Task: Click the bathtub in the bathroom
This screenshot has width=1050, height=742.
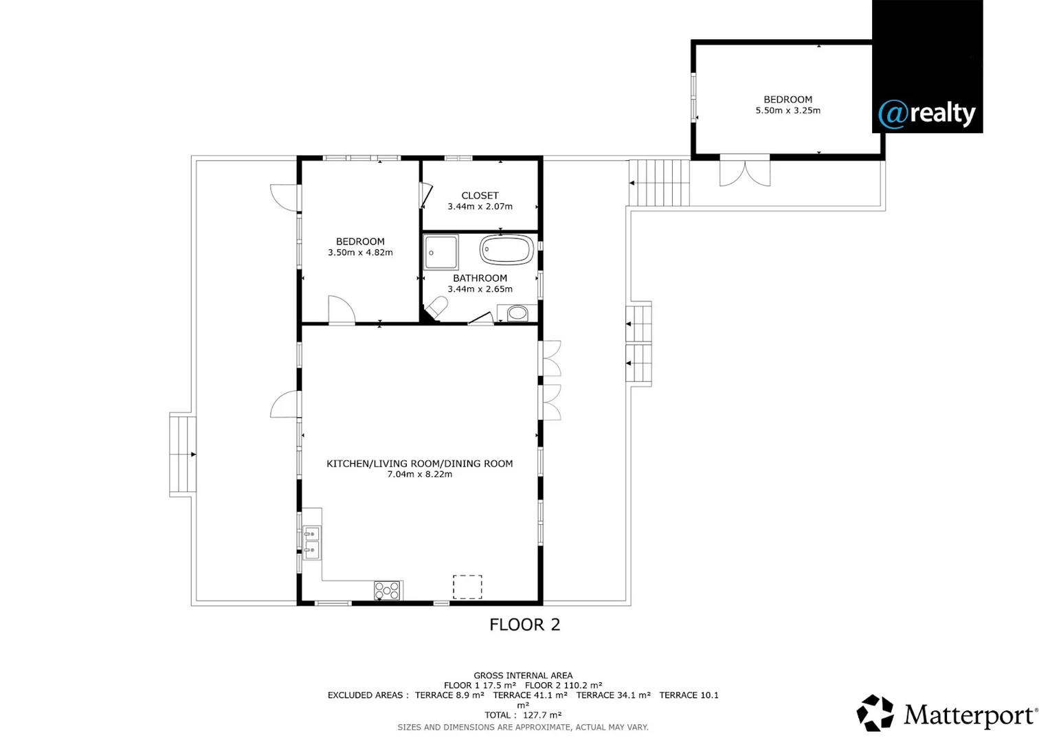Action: (506, 250)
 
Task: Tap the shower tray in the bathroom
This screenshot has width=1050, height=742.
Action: (440, 252)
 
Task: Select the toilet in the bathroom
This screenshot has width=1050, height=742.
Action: (436, 307)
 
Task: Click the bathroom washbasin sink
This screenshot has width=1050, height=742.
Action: (517, 313)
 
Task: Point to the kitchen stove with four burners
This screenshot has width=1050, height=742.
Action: (387, 590)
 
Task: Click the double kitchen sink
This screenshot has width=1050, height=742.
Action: (311, 542)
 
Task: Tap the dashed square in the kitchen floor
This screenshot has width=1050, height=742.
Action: (467, 587)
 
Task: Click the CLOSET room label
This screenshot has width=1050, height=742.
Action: (480, 196)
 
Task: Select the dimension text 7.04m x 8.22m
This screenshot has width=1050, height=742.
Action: (419, 474)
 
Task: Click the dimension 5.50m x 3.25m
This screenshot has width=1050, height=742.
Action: (787, 111)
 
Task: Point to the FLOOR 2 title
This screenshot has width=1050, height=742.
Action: (524, 625)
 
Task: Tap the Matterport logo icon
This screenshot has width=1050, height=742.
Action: (875, 713)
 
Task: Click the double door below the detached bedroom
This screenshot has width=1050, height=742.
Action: (745, 172)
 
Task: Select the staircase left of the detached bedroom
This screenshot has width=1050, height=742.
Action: (658, 183)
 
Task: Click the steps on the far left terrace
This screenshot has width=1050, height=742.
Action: (183, 454)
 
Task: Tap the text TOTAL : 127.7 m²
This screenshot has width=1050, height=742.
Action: (523, 715)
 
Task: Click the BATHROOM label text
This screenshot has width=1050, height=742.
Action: (480, 278)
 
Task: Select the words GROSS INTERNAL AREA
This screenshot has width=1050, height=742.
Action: (523, 675)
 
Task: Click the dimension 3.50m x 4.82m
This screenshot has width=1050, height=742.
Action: (360, 253)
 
